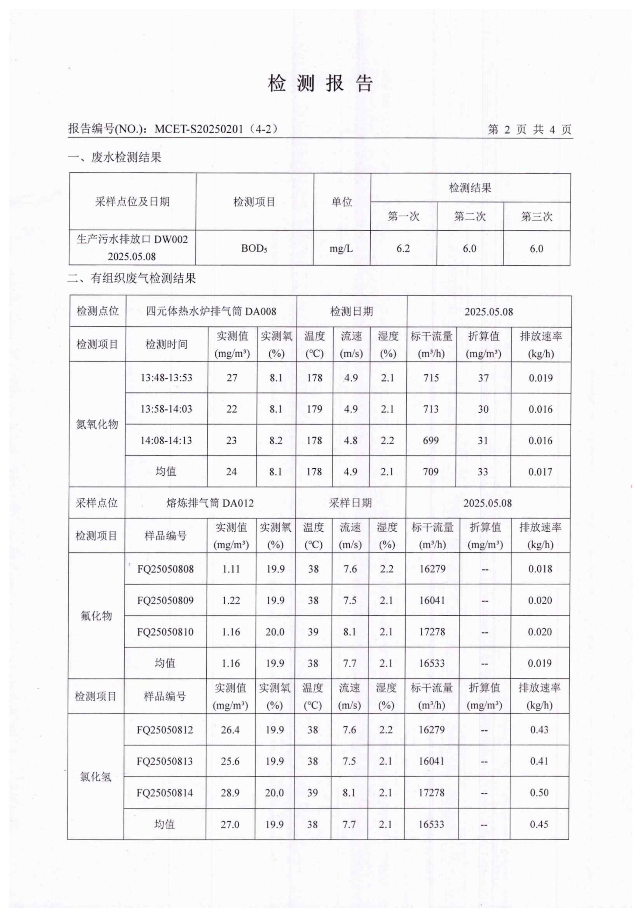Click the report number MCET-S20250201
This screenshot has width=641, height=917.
[x=199, y=129]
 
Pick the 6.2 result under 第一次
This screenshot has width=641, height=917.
[x=403, y=248]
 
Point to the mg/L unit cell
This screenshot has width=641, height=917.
[x=341, y=248]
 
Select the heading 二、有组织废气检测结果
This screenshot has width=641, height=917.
[x=132, y=278]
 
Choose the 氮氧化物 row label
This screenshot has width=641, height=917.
[x=97, y=424]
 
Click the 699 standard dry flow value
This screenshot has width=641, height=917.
[x=431, y=441]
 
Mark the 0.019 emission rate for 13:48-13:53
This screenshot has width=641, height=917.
[x=541, y=378]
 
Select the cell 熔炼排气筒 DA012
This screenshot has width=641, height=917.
[x=210, y=503]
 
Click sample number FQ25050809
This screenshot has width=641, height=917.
[x=165, y=600]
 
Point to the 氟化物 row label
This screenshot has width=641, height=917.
[x=96, y=616]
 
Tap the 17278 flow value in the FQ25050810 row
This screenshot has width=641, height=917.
[x=432, y=632]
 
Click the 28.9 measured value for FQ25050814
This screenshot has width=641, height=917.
[x=230, y=792]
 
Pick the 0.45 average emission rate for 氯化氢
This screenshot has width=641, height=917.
[x=539, y=824]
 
